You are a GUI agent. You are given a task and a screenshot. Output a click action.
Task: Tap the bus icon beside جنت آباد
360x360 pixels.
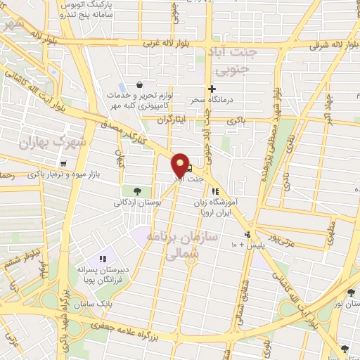188,168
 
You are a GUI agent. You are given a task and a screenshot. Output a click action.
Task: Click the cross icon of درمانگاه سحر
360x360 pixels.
211,89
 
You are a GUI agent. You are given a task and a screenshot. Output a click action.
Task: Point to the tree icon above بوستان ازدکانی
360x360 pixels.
137,191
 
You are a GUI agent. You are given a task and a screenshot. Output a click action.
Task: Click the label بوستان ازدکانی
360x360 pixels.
139,202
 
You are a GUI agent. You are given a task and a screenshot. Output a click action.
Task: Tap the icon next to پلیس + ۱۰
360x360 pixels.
247,235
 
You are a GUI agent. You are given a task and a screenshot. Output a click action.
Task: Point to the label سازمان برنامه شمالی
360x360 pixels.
176,245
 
